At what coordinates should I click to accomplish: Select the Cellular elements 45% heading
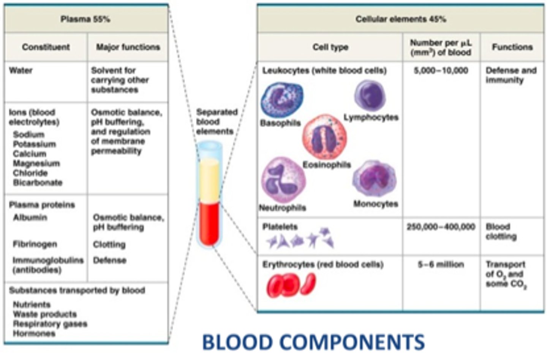tap(400, 19)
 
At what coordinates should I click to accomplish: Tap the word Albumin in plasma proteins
tap(30, 217)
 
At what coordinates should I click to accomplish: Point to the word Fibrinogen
tap(35, 244)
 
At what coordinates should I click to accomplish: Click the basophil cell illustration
tap(281, 100)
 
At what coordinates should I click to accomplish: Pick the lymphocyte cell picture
tap(370, 95)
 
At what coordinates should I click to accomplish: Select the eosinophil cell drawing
tap(324, 137)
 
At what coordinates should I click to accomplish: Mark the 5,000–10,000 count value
tap(441, 70)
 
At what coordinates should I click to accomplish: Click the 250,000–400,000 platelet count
tap(441, 227)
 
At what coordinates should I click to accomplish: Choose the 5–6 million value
tap(441, 264)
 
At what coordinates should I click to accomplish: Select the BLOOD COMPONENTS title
tap(313, 342)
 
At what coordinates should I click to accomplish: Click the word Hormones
tap(34, 333)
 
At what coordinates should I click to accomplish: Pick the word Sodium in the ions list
tap(28, 135)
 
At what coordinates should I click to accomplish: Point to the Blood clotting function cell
tap(501, 232)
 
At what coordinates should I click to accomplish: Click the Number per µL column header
tap(441, 47)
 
